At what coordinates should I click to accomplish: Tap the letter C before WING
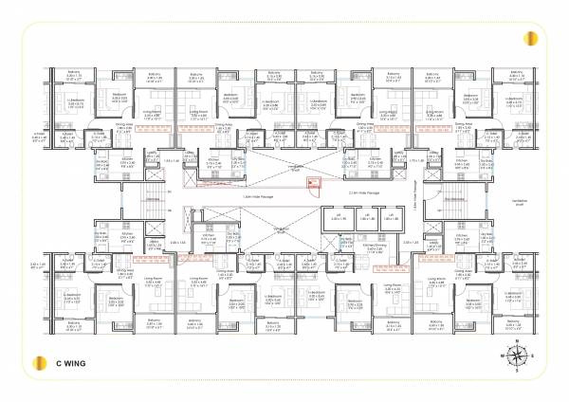click(56, 363)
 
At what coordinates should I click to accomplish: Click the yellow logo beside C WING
click(37, 363)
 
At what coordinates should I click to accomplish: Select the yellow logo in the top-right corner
click(533, 39)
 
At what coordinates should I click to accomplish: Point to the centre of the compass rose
click(518, 356)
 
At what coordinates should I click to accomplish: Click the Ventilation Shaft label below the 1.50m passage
click(281, 229)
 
